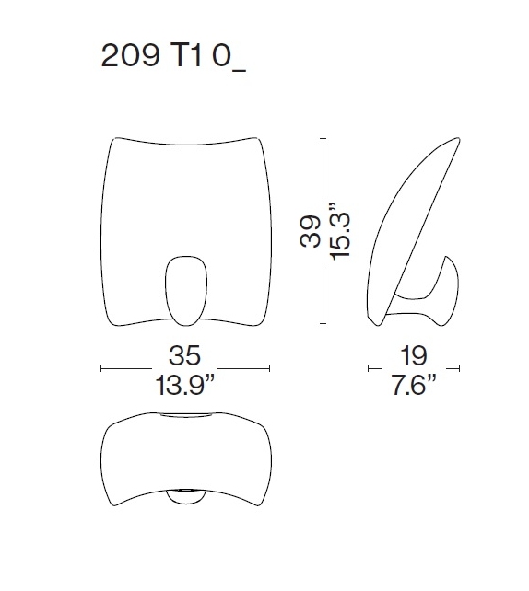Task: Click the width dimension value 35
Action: coord(184,356)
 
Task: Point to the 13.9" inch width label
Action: coord(185,383)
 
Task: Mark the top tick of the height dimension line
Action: coord(323,138)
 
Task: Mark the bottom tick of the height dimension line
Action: coord(323,324)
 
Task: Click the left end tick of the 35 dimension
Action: coord(100,369)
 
